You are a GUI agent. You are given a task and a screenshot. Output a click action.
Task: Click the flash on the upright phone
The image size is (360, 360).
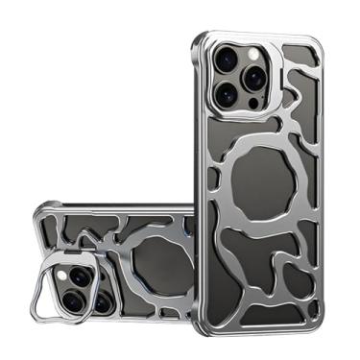pos(252,57)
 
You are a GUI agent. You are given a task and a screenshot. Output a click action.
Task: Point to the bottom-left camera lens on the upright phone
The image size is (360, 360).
pos(228,94)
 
